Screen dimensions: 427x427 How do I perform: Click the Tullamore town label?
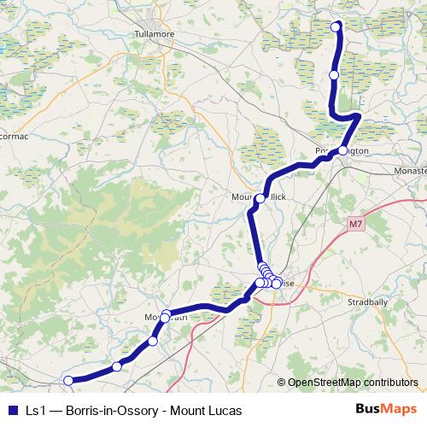pyautogui.click(x=154, y=35)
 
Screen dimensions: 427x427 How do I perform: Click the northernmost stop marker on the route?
pyautogui.click(x=336, y=26)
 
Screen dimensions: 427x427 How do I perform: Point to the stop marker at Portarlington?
pyautogui.click(x=342, y=150)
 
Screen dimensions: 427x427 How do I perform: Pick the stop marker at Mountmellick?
pyautogui.click(x=260, y=199)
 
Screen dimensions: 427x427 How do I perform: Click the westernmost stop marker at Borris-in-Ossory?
pyautogui.click(x=68, y=381)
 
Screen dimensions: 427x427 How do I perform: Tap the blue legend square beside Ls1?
pyautogui.click(x=13, y=410)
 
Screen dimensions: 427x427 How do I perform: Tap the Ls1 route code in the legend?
pyautogui.click(x=35, y=410)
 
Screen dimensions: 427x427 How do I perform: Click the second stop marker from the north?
pyautogui.click(x=334, y=75)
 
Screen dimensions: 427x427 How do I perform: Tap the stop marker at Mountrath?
pyautogui.click(x=166, y=316)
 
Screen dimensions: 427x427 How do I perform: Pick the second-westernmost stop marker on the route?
pyautogui.click(x=117, y=367)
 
